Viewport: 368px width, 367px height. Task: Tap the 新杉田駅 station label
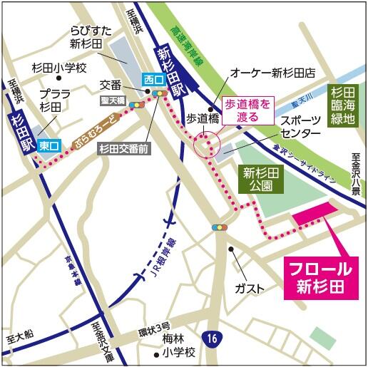[x=171, y=63]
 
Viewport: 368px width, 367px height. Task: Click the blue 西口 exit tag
[x=153, y=78]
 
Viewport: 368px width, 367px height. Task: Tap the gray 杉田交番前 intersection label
[x=122, y=149]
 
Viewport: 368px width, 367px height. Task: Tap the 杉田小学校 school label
[x=58, y=68]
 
